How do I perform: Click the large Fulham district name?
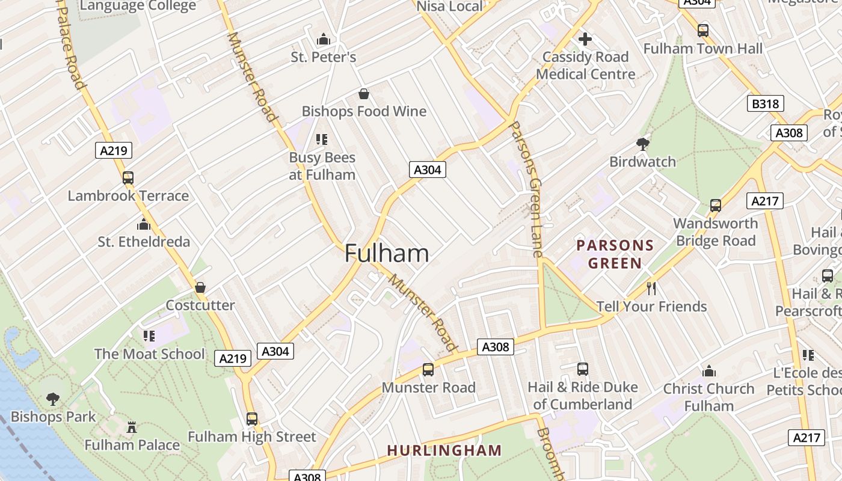(x=387, y=253)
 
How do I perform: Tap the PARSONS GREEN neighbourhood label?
(x=615, y=254)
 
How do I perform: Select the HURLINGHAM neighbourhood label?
(x=444, y=450)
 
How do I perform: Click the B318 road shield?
(x=766, y=104)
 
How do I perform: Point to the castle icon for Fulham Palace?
(x=132, y=427)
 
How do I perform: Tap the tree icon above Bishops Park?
(x=53, y=399)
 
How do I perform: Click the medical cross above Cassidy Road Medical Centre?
(x=585, y=40)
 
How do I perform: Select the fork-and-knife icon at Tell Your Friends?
(x=651, y=289)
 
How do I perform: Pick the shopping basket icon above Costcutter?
(x=200, y=287)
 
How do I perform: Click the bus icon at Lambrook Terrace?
(x=128, y=178)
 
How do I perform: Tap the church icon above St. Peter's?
(x=324, y=40)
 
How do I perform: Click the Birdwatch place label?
(x=642, y=162)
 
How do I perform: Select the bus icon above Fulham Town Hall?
(x=702, y=31)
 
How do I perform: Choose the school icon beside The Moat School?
(x=149, y=336)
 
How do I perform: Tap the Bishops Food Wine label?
(x=364, y=111)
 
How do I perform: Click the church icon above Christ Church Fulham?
(x=709, y=371)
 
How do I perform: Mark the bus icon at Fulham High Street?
(x=252, y=419)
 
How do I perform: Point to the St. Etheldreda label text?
(x=144, y=242)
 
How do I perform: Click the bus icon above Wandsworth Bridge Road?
(x=715, y=206)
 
